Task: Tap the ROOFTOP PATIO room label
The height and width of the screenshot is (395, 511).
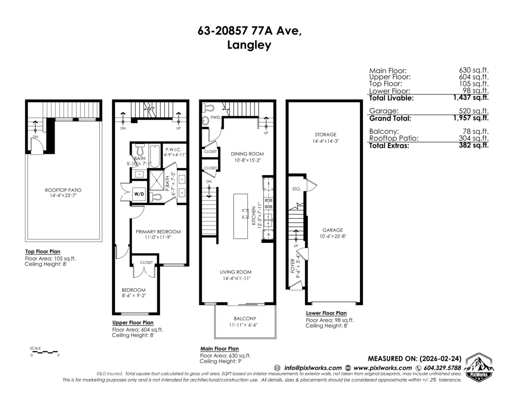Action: (64, 190)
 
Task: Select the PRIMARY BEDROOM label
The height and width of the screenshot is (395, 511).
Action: (158, 232)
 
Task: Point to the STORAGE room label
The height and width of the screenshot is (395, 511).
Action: (325, 135)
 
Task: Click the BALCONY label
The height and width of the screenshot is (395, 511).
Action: (245, 318)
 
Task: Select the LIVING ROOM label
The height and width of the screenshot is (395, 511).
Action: (235, 272)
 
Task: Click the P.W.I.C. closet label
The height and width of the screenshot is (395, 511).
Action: (174, 149)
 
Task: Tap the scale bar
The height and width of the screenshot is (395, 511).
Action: (44, 352)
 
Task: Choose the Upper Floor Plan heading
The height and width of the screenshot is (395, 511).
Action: (132, 323)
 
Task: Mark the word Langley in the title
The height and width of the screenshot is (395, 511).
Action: (250, 45)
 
